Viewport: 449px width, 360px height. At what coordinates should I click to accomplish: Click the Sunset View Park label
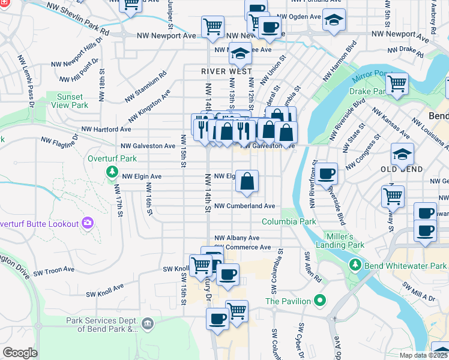click(72, 100)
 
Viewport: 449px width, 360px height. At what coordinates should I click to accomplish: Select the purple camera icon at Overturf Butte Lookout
click(88, 223)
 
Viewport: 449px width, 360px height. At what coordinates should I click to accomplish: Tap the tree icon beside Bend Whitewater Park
click(356, 265)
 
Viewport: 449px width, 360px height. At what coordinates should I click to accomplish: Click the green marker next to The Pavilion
click(321, 301)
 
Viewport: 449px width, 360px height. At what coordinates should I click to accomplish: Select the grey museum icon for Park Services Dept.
click(147, 325)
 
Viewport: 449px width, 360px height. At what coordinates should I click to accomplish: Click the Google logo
click(20, 352)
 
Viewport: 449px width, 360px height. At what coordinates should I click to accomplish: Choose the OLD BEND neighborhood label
click(402, 170)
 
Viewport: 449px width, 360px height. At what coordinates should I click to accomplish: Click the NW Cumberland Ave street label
click(244, 206)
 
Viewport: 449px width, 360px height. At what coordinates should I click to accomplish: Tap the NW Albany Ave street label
click(237, 238)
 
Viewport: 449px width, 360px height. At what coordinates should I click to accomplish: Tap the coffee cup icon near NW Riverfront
click(327, 174)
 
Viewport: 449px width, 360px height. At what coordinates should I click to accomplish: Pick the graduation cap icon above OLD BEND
click(402, 154)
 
